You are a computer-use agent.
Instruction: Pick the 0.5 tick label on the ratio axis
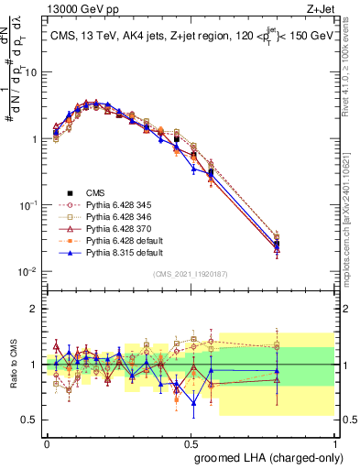pos(30,420)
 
